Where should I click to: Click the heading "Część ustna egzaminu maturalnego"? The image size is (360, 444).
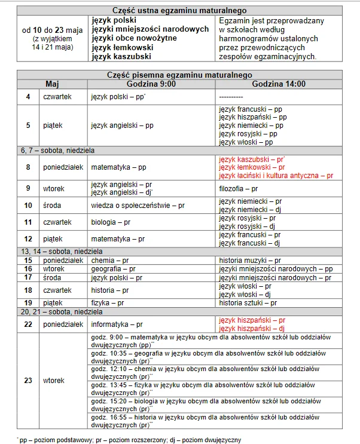pyautogui.click(x=180, y=10)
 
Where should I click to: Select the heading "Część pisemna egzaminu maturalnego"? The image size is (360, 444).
pyautogui.click(x=180, y=75)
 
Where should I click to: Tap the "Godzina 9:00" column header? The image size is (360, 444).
pyautogui.click(x=151, y=84)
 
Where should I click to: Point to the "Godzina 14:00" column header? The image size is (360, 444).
pyautogui.click(x=278, y=84)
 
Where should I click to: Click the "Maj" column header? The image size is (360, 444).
pyautogui.click(x=52, y=84)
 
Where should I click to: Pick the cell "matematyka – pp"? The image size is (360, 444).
pyautogui.click(x=118, y=168)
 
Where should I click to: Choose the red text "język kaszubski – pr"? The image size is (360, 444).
pyautogui.click(x=252, y=160)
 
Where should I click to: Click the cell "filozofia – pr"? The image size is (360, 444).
pyautogui.click(x=238, y=188)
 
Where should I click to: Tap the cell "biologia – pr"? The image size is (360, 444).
pyautogui.click(x=109, y=222)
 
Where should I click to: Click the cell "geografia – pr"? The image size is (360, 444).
pyautogui.click(x=113, y=269)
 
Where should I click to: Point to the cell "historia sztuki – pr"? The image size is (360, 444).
pyautogui.click(x=247, y=303)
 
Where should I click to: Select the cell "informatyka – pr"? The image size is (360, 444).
pyautogui.click(x=117, y=324)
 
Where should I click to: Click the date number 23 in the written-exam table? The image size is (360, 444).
pyautogui.click(x=28, y=380)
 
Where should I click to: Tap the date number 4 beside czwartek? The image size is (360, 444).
pyautogui.click(x=28, y=96)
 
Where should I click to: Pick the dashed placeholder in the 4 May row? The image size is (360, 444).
pyautogui.click(x=231, y=96)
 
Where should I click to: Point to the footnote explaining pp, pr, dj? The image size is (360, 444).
pyautogui.click(x=129, y=440)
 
